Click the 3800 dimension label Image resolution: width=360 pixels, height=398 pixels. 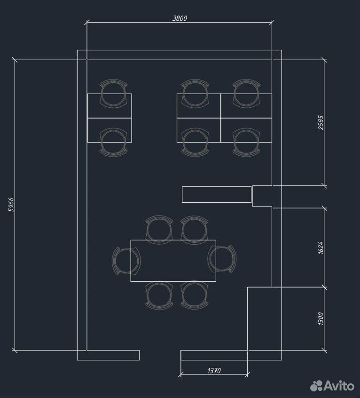(x=180, y=18)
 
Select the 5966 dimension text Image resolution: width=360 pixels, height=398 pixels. (x=11, y=205)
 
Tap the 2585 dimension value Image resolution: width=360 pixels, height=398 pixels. (x=321, y=123)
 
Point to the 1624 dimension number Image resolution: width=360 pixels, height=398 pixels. (x=321, y=248)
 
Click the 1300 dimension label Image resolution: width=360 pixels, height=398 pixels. (x=321, y=319)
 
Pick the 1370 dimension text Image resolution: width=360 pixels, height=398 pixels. (x=214, y=371)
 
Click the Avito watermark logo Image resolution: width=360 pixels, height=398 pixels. (x=332, y=386)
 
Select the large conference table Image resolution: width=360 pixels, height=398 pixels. (x=173, y=261)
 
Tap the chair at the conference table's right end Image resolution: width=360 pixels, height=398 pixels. (x=222, y=259)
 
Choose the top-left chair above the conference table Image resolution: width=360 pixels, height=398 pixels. (x=159, y=230)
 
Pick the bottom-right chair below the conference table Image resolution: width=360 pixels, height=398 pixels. (x=195, y=295)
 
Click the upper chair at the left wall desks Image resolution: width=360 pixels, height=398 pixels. (x=113, y=94)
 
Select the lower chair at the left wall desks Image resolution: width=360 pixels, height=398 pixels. (x=113, y=142)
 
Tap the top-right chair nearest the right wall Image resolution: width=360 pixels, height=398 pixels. (x=246, y=94)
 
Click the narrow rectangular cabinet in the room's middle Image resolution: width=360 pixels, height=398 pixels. (x=217, y=194)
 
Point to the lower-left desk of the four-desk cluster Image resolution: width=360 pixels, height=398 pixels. (x=199, y=130)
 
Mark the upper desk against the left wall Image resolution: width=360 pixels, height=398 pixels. (x=110, y=106)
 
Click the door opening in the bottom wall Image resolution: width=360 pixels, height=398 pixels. (x=160, y=355)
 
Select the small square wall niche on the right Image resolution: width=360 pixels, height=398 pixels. (x=262, y=196)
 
